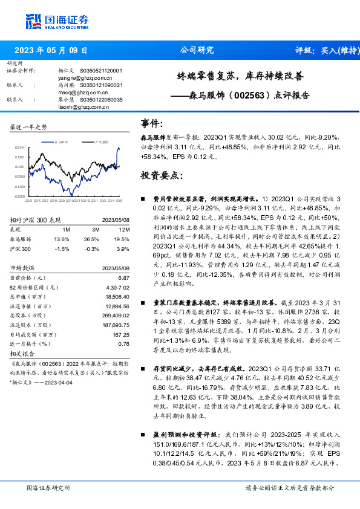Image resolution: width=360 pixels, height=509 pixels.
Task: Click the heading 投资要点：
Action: click(162, 176)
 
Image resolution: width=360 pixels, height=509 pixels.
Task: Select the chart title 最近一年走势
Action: click(29, 127)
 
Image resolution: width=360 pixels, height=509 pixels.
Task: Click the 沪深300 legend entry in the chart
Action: click(101, 141)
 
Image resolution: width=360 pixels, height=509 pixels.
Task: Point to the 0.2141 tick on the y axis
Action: click(20, 147)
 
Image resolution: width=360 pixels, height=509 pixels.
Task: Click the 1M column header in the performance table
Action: click(66, 230)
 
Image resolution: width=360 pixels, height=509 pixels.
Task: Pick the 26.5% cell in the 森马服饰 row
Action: click(93, 239)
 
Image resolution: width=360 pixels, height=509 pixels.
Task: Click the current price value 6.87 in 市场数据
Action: click(124, 277)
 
